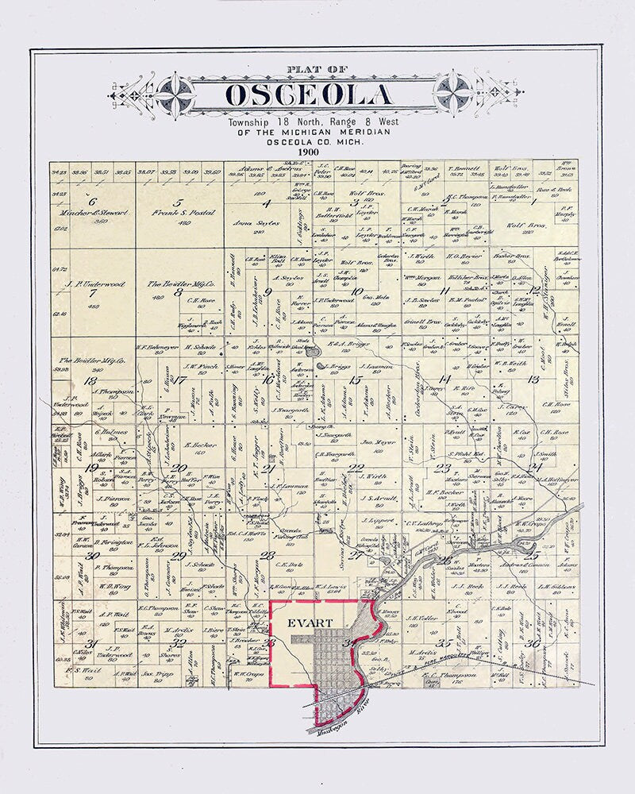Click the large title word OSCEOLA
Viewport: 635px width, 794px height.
click(308, 95)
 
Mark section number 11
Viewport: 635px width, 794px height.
click(445, 291)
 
